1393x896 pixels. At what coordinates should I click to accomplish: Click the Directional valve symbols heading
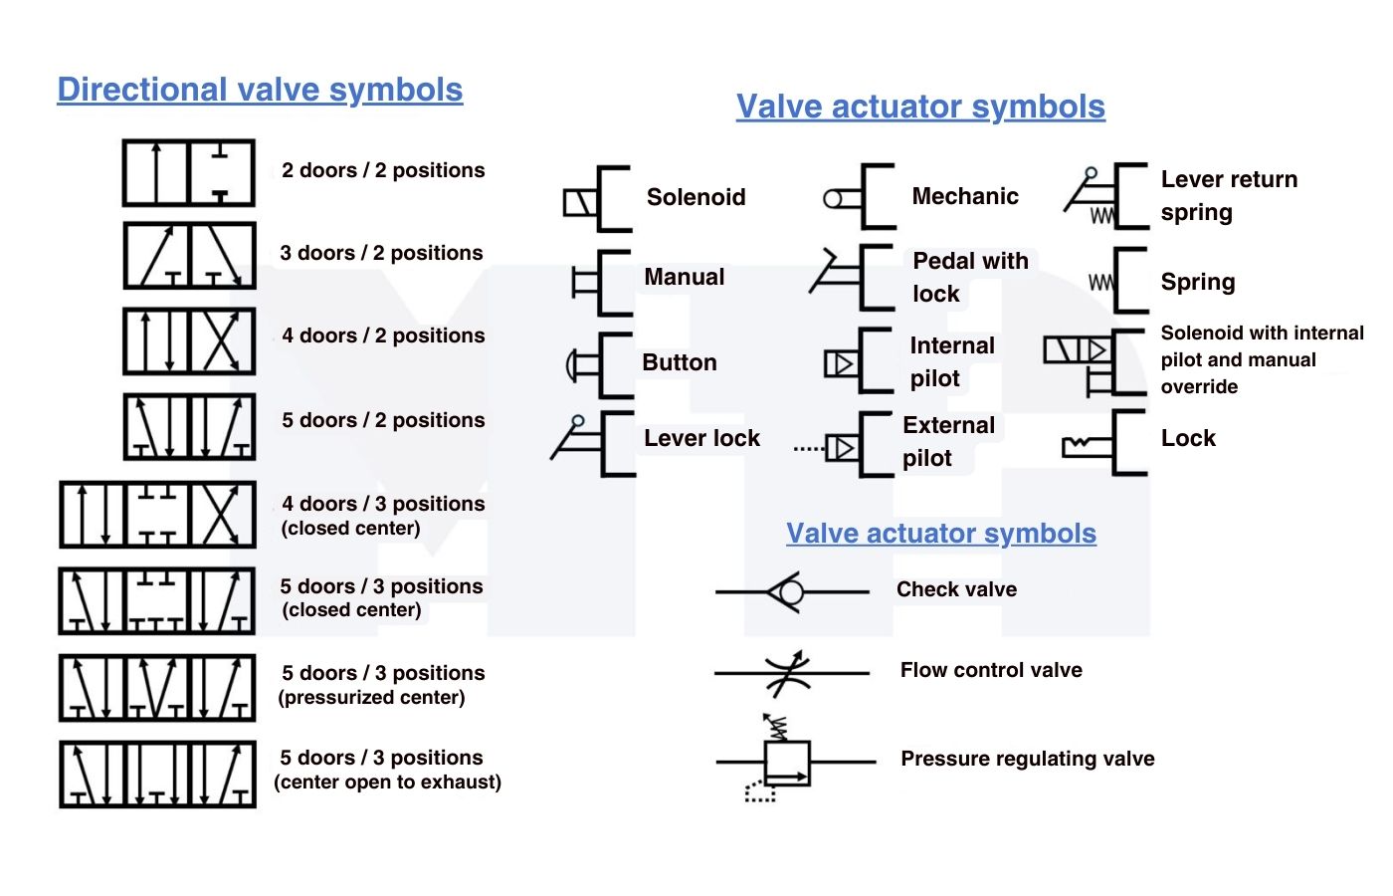pos(260,90)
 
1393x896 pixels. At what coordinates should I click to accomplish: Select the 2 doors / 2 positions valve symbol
pos(189,173)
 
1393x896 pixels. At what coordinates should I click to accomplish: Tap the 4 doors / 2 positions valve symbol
pos(189,341)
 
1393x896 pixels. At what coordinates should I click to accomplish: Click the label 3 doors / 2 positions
pos(381,253)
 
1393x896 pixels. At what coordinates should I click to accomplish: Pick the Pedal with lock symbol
pos(851,277)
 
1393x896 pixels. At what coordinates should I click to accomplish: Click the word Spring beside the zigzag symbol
pos(1197,282)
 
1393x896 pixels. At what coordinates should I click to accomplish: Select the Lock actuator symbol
pos(1104,444)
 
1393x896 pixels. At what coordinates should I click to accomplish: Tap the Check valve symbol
pos(790,592)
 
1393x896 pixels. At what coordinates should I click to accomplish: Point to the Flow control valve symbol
pos(790,673)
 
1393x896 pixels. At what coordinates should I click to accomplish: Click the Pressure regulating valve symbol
pos(787,763)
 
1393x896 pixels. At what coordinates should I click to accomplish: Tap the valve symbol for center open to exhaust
pos(157,774)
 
